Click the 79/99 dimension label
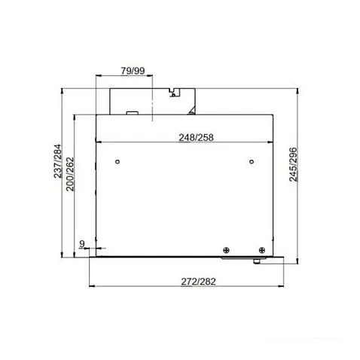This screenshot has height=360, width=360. (133, 71)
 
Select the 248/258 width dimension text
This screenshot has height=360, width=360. (196, 138)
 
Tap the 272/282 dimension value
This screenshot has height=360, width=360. (198, 282)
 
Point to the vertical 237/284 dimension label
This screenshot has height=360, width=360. (58, 160)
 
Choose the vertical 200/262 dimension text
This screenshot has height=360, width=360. (70, 174)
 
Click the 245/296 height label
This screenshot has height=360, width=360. (293, 164)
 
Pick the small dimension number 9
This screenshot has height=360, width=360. (82, 243)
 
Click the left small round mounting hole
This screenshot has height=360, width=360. (117, 162)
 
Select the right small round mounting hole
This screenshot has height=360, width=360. (252, 162)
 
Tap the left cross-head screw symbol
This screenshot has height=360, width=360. (226, 250)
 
